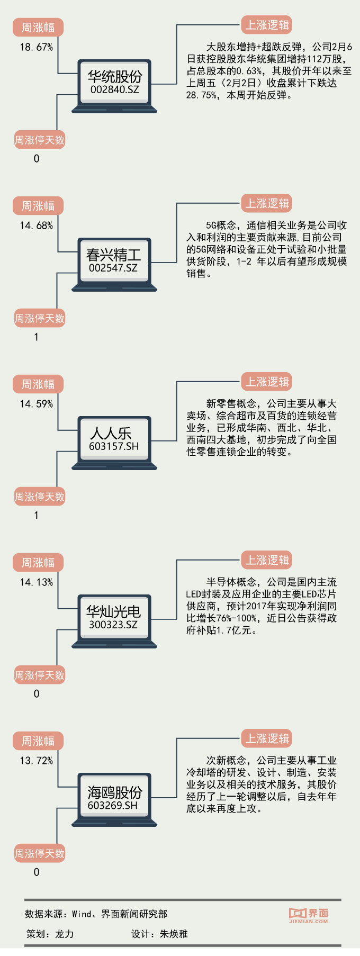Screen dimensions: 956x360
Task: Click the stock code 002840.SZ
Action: tap(114, 90)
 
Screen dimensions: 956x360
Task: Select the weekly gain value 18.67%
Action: tap(37, 47)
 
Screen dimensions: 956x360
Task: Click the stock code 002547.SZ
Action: tap(113, 268)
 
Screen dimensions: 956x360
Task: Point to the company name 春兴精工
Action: tap(113, 255)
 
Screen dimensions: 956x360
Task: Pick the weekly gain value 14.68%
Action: tap(37, 226)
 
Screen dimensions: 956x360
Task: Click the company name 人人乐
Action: tap(111, 433)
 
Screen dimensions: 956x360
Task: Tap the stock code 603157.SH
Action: tap(114, 447)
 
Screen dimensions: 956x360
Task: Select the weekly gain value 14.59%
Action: tap(37, 404)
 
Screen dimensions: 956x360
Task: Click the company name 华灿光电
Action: tap(113, 612)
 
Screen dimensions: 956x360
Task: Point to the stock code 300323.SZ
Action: tap(113, 625)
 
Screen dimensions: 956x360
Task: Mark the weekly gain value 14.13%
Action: tap(37, 582)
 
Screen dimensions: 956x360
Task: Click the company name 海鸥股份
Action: tap(114, 792)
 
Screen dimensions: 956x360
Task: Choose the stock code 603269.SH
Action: tap(113, 806)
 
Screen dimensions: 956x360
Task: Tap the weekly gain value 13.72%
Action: tap(37, 761)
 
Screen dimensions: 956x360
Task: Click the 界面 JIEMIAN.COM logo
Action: tap(309, 915)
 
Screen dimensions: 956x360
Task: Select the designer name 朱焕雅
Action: tap(174, 934)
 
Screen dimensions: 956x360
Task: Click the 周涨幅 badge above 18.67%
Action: tap(38, 28)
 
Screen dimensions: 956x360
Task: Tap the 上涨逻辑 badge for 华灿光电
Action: tap(267, 560)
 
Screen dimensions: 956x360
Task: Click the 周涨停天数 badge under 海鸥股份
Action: tap(40, 853)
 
